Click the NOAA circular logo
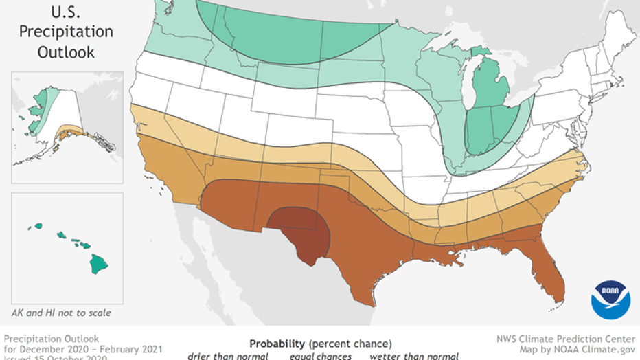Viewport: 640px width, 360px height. pos(610,300)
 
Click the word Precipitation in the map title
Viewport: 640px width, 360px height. pos(65,32)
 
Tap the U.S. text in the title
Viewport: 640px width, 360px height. pos(65,11)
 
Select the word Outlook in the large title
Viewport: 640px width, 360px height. pos(65,52)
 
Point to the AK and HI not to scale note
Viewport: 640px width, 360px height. pos(61,313)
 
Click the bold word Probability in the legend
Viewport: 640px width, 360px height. pos(277,343)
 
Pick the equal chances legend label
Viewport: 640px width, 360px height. pos(319,356)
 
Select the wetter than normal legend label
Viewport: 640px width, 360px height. pos(414,356)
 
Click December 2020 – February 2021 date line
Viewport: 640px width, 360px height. pos(83,348)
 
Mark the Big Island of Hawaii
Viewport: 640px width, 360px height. pos(100,263)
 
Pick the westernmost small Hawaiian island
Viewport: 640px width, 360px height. pos(38,225)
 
